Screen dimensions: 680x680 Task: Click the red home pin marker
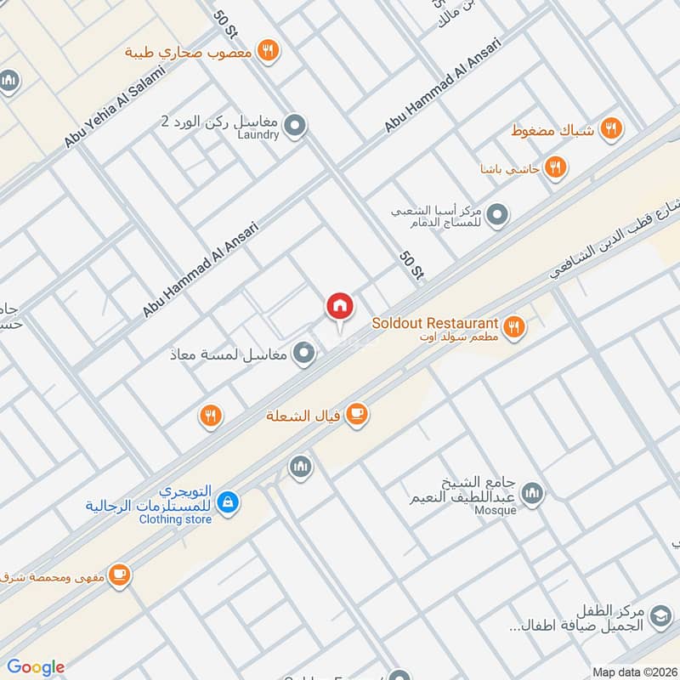point(340,306)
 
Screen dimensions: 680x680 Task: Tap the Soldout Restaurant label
point(434,323)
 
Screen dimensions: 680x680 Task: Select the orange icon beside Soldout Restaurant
point(513,325)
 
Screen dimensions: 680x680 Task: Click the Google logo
point(35,667)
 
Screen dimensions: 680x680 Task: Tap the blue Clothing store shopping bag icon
point(227,504)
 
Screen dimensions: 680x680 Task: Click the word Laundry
point(258,134)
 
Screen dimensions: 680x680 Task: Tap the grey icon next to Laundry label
point(295,127)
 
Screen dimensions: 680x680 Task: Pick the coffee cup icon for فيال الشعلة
point(357,414)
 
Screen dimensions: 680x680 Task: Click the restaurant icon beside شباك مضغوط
point(609,129)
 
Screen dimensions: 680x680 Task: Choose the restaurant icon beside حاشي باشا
point(555,167)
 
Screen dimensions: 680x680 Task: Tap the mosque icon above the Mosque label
point(532,494)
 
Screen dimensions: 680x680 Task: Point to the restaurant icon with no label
point(210,416)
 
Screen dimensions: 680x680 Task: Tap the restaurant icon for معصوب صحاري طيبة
point(268,50)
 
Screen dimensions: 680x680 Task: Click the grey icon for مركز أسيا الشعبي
point(499,214)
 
